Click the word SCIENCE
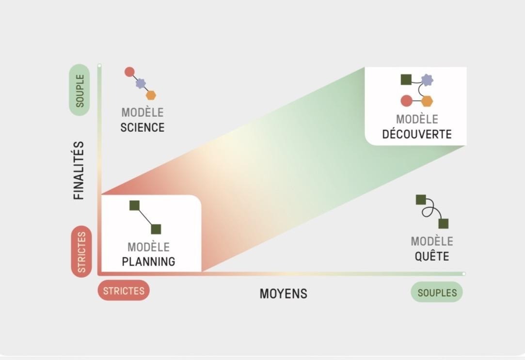click(x=143, y=127)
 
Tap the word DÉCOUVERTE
click(x=417, y=134)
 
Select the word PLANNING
click(x=148, y=262)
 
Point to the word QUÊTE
click(x=431, y=256)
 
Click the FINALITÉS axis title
click(x=79, y=171)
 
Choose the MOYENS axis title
click(x=283, y=294)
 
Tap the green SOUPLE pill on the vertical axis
click(x=80, y=90)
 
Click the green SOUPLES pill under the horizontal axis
click(x=437, y=293)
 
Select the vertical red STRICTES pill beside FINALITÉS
click(x=81, y=252)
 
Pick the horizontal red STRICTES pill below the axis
click(x=124, y=291)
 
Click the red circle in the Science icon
click(x=129, y=72)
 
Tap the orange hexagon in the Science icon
click(x=151, y=95)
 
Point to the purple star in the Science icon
click(x=141, y=83)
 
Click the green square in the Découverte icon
click(x=406, y=79)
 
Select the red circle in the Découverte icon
click(x=406, y=101)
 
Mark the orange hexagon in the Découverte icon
click(x=427, y=101)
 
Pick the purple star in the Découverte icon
click(x=427, y=79)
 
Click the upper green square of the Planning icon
click(x=135, y=205)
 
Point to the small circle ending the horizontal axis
click(x=464, y=274)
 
